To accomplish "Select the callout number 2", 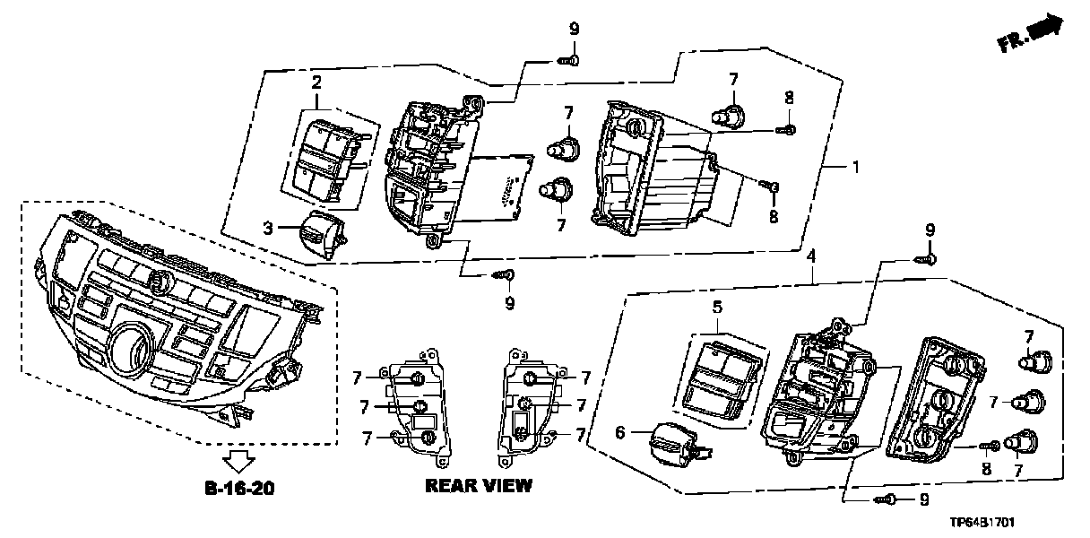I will tap(316, 82).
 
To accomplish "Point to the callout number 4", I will tap(810, 257).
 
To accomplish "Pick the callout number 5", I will tap(717, 307).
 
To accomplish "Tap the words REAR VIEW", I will tap(479, 486).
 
